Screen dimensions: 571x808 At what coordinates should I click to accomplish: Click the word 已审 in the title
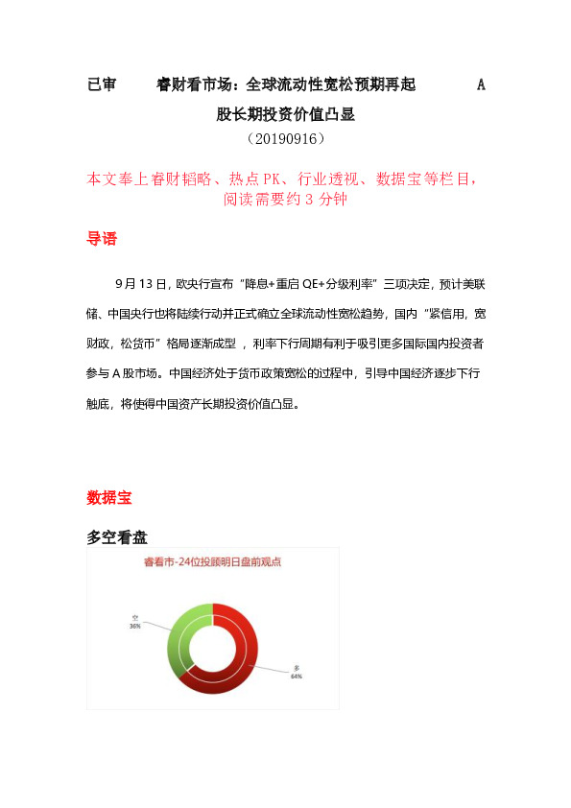[x=102, y=85]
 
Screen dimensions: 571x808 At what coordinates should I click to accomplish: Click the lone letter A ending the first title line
[x=481, y=85]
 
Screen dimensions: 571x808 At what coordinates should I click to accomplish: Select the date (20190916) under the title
[x=286, y=139]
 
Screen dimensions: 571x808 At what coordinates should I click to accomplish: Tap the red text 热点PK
[x=261, y=178]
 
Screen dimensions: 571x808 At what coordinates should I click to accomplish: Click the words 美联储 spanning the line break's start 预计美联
[x=464, y=284]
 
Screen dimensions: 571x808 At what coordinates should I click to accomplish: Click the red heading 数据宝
[x=109, y=498]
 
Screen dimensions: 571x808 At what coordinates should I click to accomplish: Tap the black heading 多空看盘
[x=117, y=537]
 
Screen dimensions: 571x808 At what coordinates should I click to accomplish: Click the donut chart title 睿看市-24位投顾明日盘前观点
[x=212, y=562]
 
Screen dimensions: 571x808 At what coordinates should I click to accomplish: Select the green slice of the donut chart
[x=181, y=642]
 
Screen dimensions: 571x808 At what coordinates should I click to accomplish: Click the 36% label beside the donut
[x=135, y=626]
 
